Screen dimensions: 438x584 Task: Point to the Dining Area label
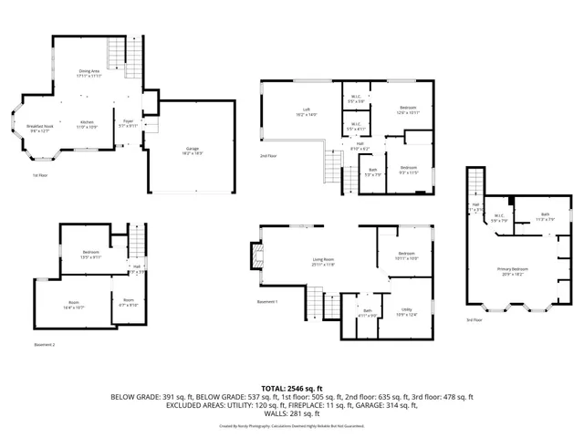click(88, 70)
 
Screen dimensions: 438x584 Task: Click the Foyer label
click(128, 123)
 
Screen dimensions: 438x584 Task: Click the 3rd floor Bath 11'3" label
click(544, 216)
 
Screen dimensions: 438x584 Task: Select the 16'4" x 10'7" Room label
click(73, 305)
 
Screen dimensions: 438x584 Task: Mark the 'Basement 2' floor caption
click(45, 344)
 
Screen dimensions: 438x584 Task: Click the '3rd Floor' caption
click(474, 320)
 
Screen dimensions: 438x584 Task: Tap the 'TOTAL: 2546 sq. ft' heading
click(291, 388)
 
